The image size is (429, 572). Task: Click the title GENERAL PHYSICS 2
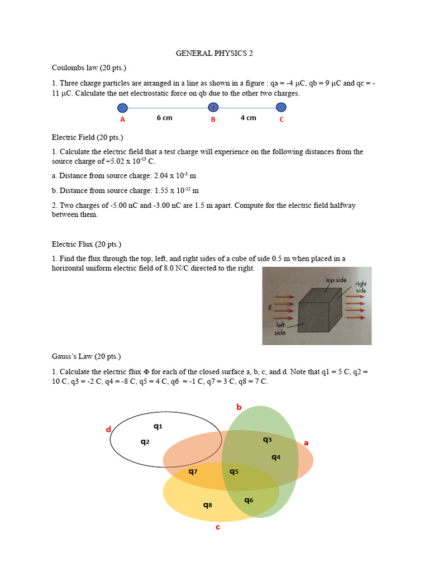tap(214, 54)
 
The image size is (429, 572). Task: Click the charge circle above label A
tap(122, 108)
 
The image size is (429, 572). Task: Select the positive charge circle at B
tap(213, 108)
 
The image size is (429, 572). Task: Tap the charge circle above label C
tap(282, 107)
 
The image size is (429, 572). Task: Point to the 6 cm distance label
tap(164, 118)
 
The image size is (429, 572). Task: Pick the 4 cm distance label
tap(248, 118)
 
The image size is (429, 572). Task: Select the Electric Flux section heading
tap(86, 244)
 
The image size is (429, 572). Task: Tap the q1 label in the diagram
tap(158, 426)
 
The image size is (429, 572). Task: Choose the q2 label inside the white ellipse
tap(145, 442)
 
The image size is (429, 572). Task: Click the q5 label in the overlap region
tap(234, 471)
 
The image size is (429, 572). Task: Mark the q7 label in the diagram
tap(193, 471)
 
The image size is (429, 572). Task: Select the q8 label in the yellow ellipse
tap(207, 505)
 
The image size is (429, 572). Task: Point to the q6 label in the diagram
tap(249, 500)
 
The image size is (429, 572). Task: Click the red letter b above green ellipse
tap(239, 407)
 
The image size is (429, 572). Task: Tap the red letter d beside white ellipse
tap(109, 430)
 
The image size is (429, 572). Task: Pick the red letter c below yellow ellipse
tap(218, 527)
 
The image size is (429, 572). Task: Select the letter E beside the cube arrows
tap(270, 308)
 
